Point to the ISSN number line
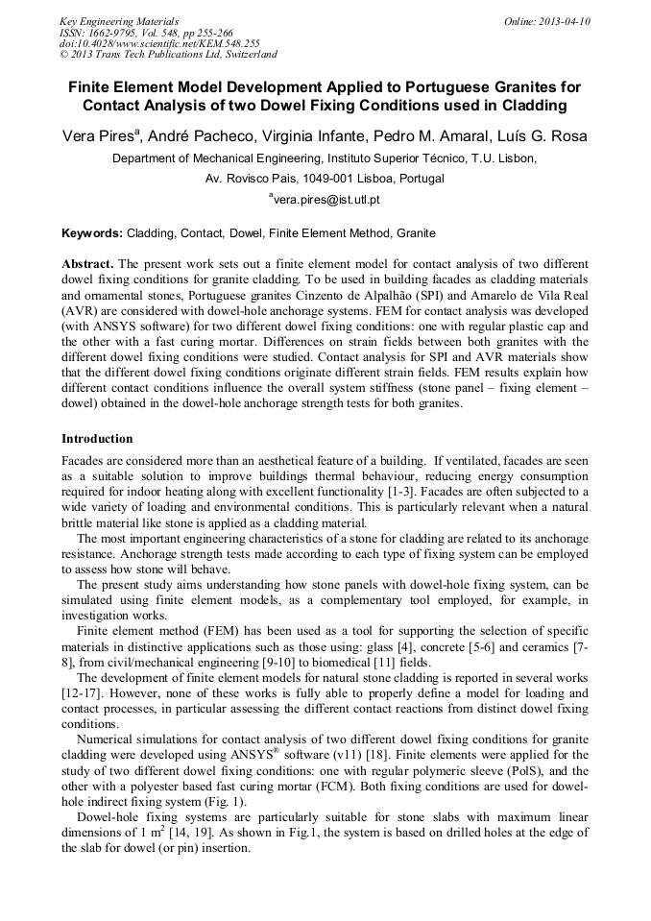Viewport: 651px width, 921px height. click(x=144, y=32)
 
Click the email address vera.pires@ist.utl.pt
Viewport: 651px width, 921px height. click(x=326, y=200)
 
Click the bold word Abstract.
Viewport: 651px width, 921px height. click(x=87, y=263)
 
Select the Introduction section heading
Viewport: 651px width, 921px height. click(x=97, y=439)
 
